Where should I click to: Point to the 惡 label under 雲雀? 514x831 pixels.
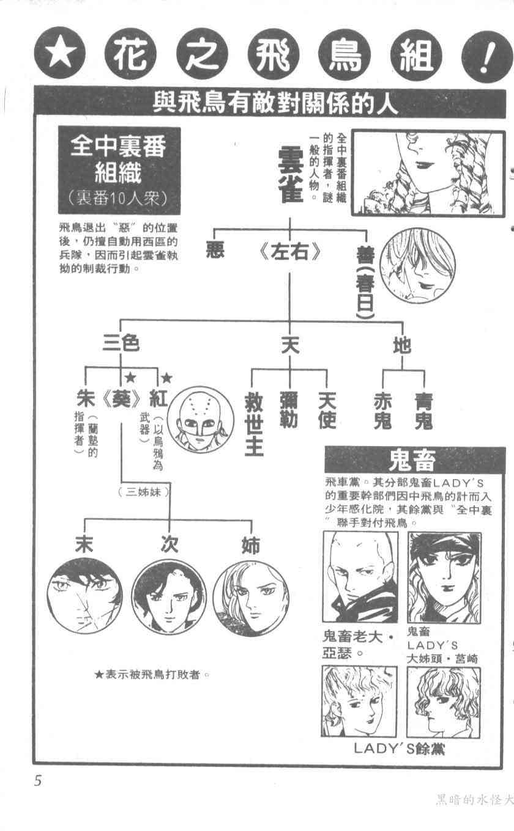point(217,252)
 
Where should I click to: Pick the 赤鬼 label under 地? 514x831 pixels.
point(383,410)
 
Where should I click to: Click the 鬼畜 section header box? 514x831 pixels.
point(414,459)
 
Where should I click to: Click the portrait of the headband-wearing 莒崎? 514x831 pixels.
point(444,577)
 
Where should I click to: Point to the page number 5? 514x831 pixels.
point(38,782)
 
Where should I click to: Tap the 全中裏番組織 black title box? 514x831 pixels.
point(119,169)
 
